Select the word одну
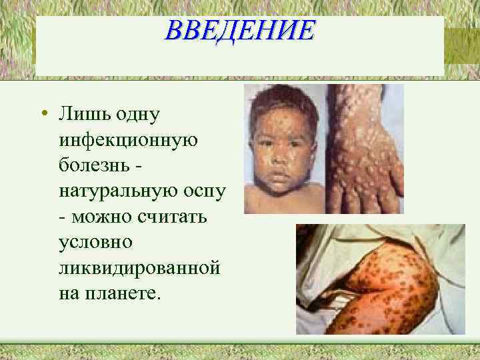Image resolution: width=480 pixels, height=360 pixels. [135, 116]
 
